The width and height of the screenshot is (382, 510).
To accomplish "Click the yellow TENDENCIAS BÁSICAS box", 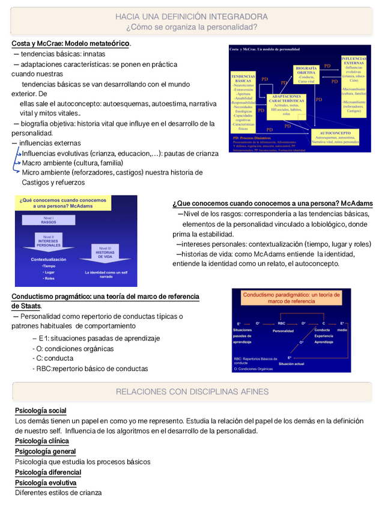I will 244,103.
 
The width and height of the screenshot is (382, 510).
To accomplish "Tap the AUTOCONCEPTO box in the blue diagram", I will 335,137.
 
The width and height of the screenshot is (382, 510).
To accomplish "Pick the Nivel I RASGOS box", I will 49,220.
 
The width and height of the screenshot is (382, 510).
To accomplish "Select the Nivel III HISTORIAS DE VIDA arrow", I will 105,253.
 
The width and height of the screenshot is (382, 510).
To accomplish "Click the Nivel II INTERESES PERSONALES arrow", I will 49,242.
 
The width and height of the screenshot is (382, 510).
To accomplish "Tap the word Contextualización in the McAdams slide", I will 49,259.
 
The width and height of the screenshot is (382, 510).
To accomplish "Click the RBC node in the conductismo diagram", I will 281,323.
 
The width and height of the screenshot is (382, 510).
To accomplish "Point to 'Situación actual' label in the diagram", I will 292,364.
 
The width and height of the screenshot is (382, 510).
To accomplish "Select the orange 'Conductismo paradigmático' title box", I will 291,298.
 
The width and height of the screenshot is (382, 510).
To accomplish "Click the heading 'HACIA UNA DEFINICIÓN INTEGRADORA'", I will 192,16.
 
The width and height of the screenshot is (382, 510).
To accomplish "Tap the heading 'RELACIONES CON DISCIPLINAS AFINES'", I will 192,392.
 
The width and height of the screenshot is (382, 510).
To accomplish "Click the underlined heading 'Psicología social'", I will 40,411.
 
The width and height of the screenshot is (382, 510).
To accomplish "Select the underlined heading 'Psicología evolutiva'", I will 46,482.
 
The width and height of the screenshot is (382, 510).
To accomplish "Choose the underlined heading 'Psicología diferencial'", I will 48,472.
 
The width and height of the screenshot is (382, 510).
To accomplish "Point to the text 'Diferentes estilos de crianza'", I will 58,493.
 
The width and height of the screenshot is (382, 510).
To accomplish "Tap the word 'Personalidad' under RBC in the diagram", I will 283,331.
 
